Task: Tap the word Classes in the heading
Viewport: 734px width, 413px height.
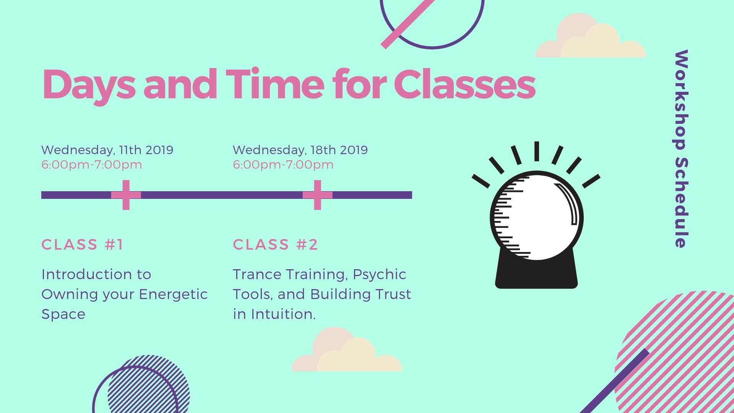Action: pyautogui.click(x=464, y=84)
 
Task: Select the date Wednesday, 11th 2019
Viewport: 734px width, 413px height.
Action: pyautogui.click(x=107, y=150)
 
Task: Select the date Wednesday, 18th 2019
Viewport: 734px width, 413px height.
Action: pyautogui.click(x=300, y=150)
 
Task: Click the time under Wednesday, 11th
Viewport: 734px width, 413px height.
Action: pyautogui.click(x=92, y=165)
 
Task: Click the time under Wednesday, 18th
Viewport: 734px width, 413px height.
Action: pyautogui.click(x=283, y=165)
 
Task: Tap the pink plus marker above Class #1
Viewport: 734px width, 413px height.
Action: pyautogui.click(x=126, y=195)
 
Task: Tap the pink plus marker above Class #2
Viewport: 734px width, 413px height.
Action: pyautogui.click(x=317, y=195)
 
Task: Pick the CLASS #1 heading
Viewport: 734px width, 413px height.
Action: pyautogui.click(x=82, y=245)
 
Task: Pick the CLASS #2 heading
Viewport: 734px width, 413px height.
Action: pyautogui.click(x=275, y=245)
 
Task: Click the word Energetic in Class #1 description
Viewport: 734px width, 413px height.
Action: pyautogui.click(x=173, y=295)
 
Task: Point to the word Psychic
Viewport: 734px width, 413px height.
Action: pyautogui.click(x=379, y=275)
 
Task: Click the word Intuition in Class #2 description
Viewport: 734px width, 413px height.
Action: pyautogui.click(x=283, y=314)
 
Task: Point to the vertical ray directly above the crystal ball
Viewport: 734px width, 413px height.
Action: pyautogui.click(x=537, y=151)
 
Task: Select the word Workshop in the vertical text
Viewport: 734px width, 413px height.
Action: pyautogui.click(x=681, y=100)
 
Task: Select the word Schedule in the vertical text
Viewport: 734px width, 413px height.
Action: pyautogui.click(x=681, y=202)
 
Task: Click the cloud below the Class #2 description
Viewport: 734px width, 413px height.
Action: pyautogui.click(x=347, y=350)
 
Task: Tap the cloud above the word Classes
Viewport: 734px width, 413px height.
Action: pyautogui.click(x=591, y=36)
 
